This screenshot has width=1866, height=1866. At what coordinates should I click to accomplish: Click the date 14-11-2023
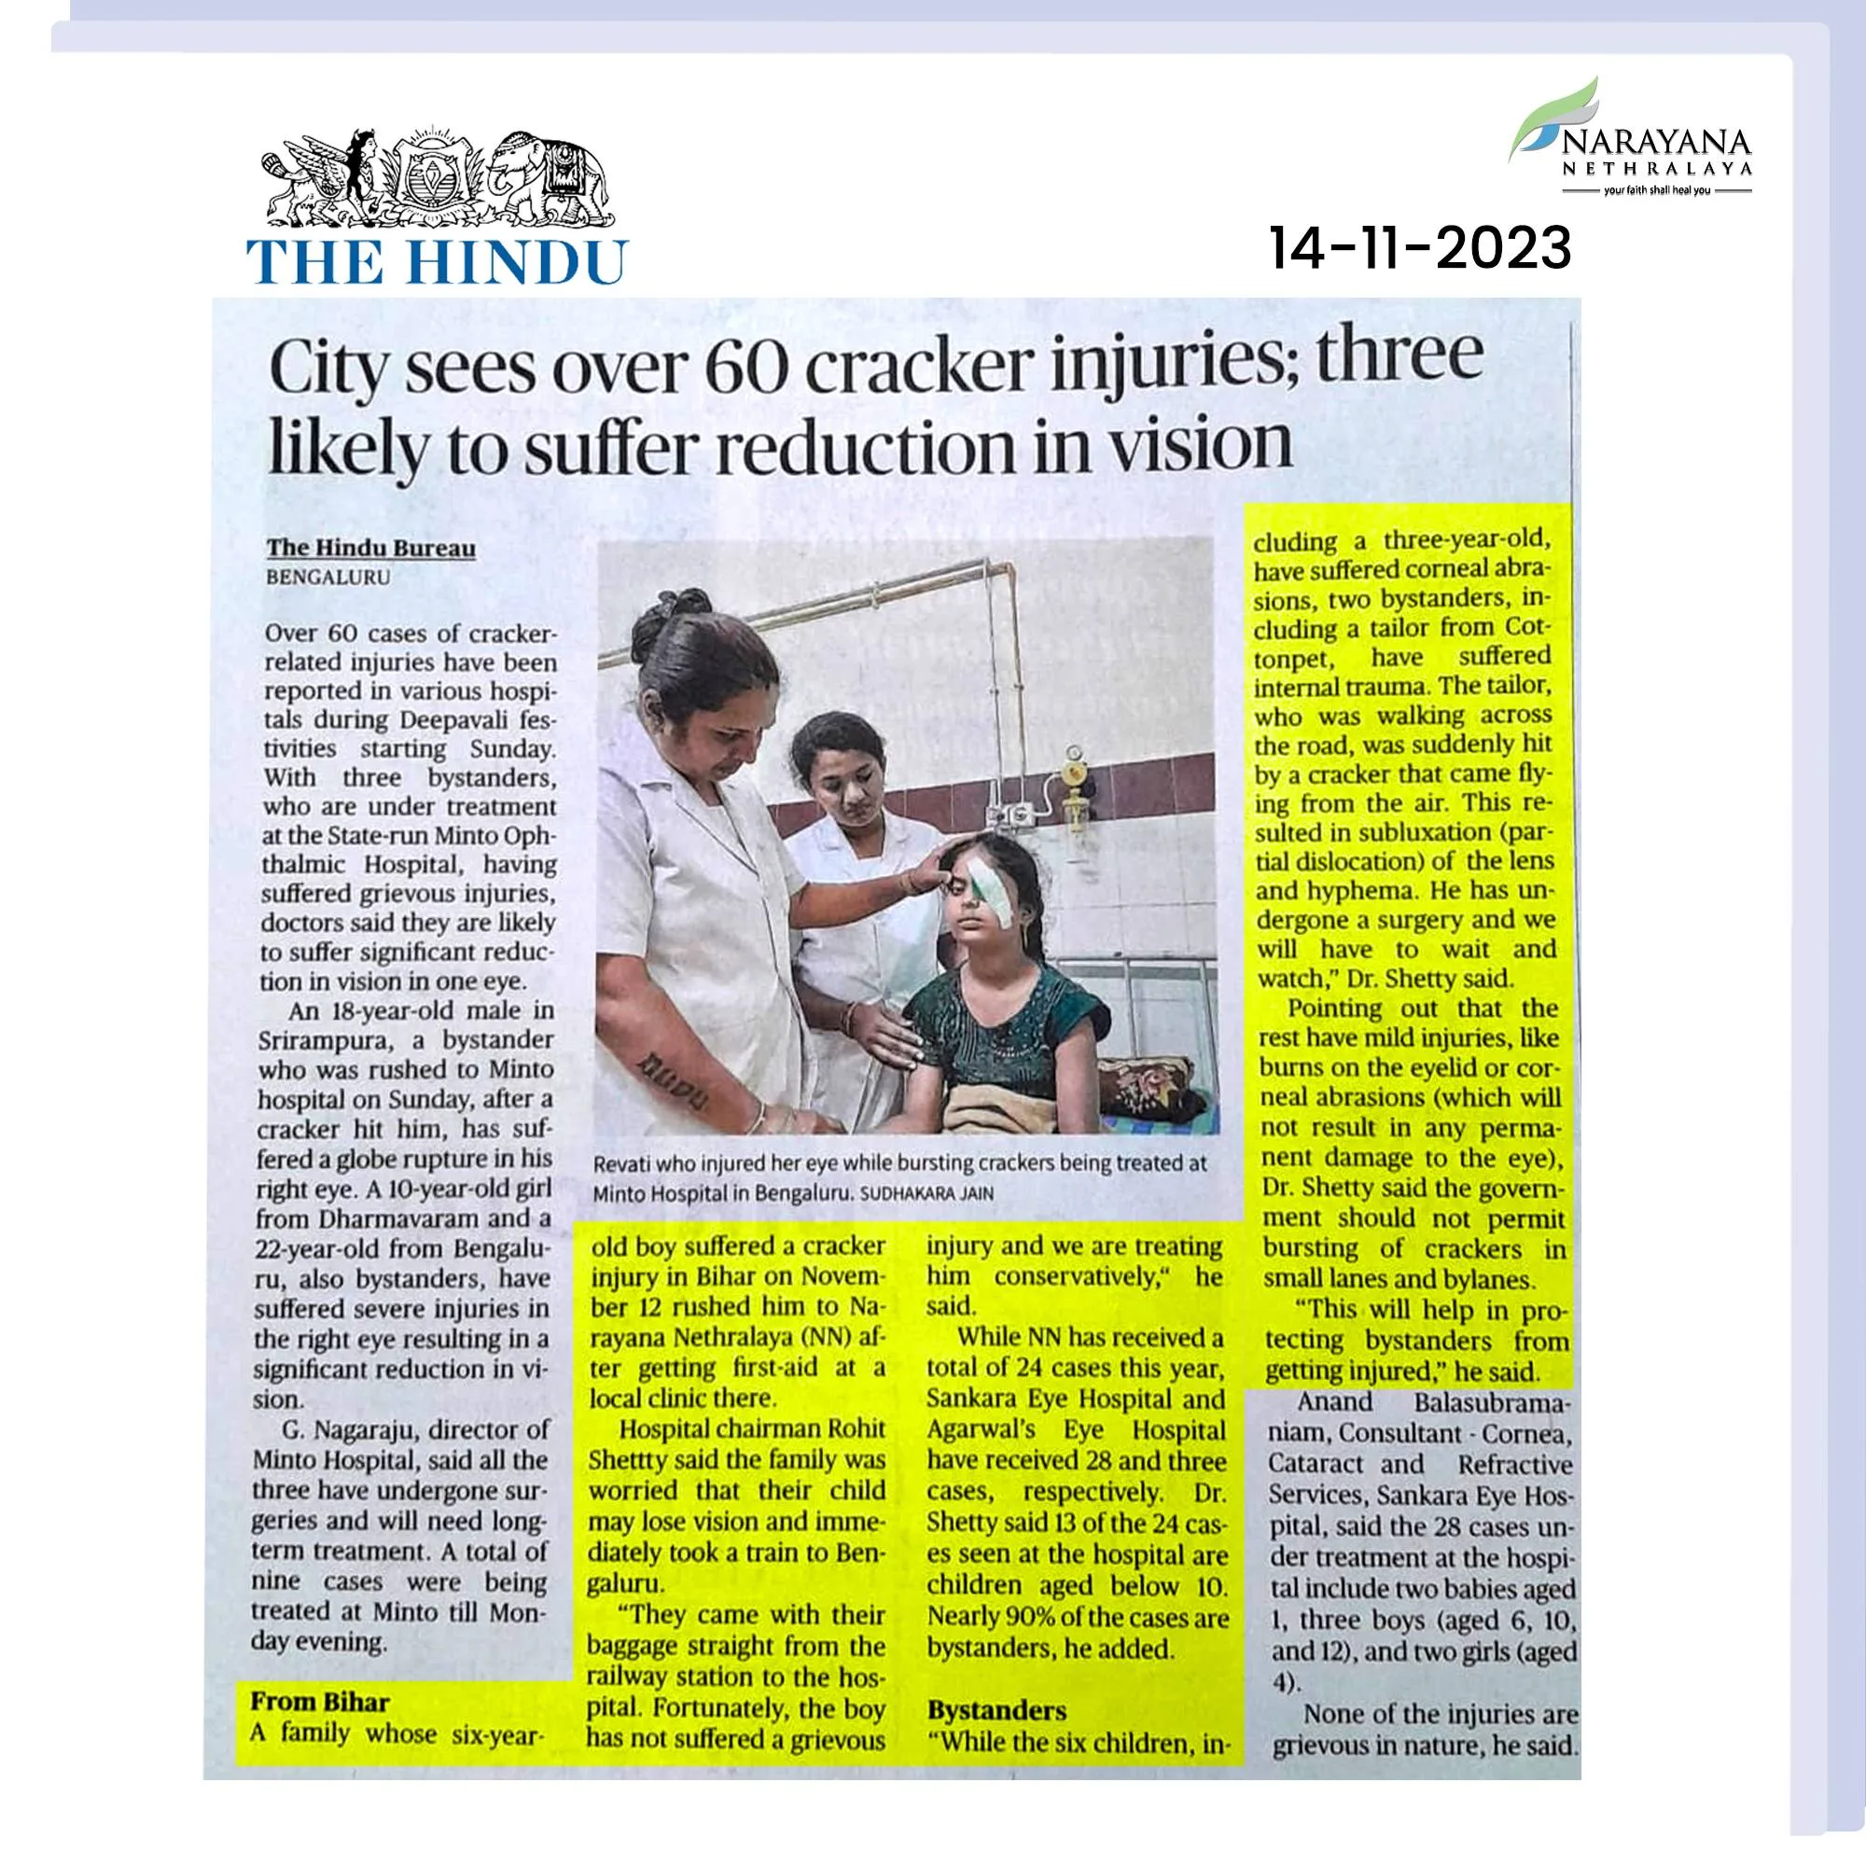tap(1420, 249)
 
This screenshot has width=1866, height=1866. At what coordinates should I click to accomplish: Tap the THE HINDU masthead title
tap(437, 261)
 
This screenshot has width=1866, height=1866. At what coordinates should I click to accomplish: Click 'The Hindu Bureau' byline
tap(371, 548)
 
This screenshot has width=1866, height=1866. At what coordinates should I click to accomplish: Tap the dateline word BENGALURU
tap(328, 577)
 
